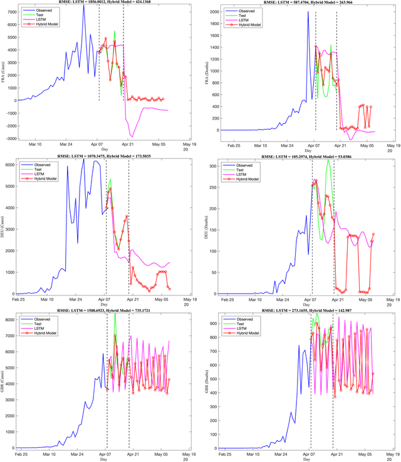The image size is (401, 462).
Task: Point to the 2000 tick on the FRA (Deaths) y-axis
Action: pyautogui.click(x=215, y=12)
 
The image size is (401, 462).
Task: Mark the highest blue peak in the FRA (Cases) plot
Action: pyautogui.click(x=83, y=6)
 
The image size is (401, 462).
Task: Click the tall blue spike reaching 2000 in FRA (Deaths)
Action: pyautogui.click(x=308, y=12)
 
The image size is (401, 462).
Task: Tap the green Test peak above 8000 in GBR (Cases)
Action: pyautogui.click(x=115, y=314)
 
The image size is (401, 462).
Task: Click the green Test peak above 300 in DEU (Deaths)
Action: pyautogui.click(x=327, y=160)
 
